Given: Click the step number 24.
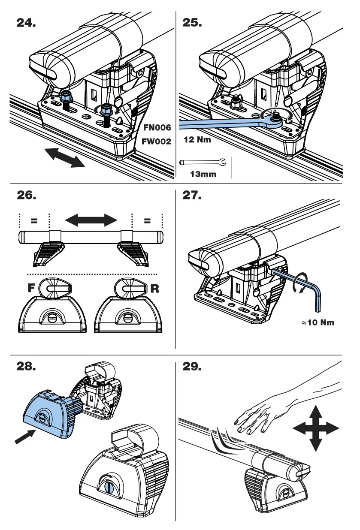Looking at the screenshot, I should (x=26, y=23).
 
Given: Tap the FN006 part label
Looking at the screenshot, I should (x=157, y=127).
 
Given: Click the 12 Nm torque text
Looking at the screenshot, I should (x=197, y=140).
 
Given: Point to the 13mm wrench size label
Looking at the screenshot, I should (x=203, y=174).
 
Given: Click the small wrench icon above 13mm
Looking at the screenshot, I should (x=203, y=163).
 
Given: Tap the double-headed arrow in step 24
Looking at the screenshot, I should (x=65, y=156).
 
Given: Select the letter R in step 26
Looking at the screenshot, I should (x=154, y=289).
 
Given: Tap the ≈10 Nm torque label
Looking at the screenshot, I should (x=318, y=322).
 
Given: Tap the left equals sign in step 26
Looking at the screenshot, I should (x=34, y=221).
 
